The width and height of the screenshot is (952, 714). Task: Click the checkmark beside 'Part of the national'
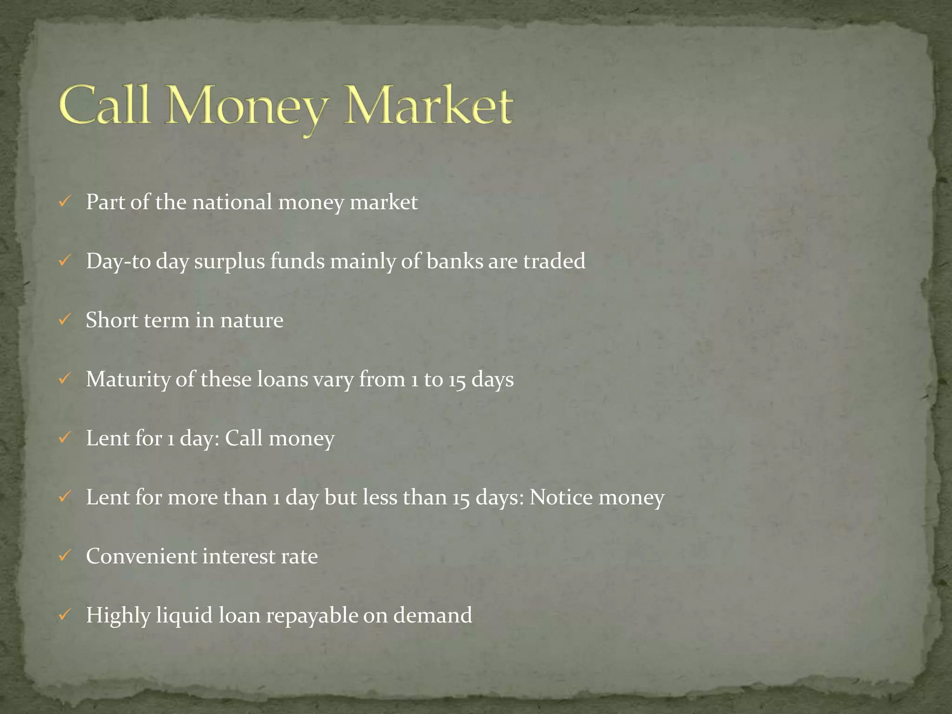point(65,202)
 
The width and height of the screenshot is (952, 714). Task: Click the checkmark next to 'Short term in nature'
point(65,320)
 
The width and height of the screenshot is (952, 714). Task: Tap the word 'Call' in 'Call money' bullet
point(244,438)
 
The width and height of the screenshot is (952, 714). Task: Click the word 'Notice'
point(560,497)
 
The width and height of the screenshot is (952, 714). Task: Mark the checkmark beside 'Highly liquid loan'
point(65,615)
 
